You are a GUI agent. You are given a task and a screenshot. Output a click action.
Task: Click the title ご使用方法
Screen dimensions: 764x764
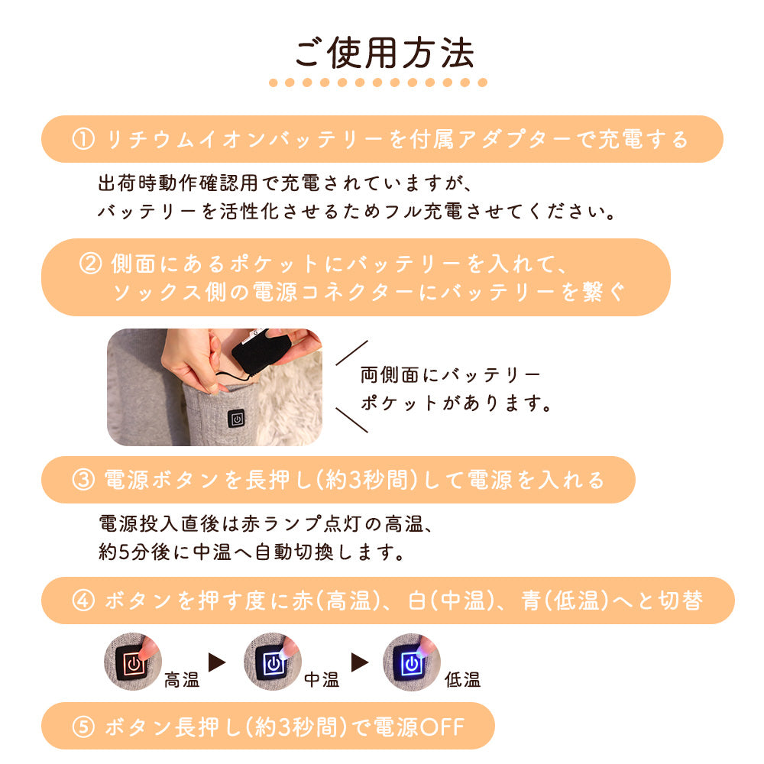[x=384, y=53]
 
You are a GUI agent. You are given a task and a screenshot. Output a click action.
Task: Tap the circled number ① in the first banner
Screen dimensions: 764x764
[x=83, y=139]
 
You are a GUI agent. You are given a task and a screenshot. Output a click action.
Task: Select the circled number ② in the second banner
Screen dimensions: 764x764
[x=90, y=264]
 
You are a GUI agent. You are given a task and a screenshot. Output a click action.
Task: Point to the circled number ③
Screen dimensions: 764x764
[x=83, y=480]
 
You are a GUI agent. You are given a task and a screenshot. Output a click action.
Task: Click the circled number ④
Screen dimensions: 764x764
[x=83, y=601]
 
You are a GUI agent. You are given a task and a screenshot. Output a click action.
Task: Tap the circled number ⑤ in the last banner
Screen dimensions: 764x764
[x=83, y=727]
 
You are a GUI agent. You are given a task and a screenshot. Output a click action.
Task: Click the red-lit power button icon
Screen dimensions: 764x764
[x=133, y=662]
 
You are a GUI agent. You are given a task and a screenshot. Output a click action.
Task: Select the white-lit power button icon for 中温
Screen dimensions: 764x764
[x=273, y=662]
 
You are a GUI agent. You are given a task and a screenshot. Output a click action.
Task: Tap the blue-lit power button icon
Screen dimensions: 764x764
[x=412, y=662]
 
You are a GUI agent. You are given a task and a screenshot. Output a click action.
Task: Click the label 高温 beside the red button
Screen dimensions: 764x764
[x=182, y=679]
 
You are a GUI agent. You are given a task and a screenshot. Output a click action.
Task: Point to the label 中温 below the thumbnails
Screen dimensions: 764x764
[x=322, y=679]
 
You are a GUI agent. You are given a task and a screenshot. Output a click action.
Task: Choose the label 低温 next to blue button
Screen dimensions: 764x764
[x=462, y=679]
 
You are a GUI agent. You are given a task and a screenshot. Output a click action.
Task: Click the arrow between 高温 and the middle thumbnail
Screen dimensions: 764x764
[x=217, y=662]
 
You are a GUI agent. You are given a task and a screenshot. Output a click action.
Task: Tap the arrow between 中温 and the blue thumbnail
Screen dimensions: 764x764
[x=360, y=662]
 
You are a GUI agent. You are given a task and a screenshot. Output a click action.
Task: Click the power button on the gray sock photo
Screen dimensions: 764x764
[x=236, y=419]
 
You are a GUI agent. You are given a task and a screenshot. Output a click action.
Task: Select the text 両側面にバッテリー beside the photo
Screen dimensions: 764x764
[x=451, y=374]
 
